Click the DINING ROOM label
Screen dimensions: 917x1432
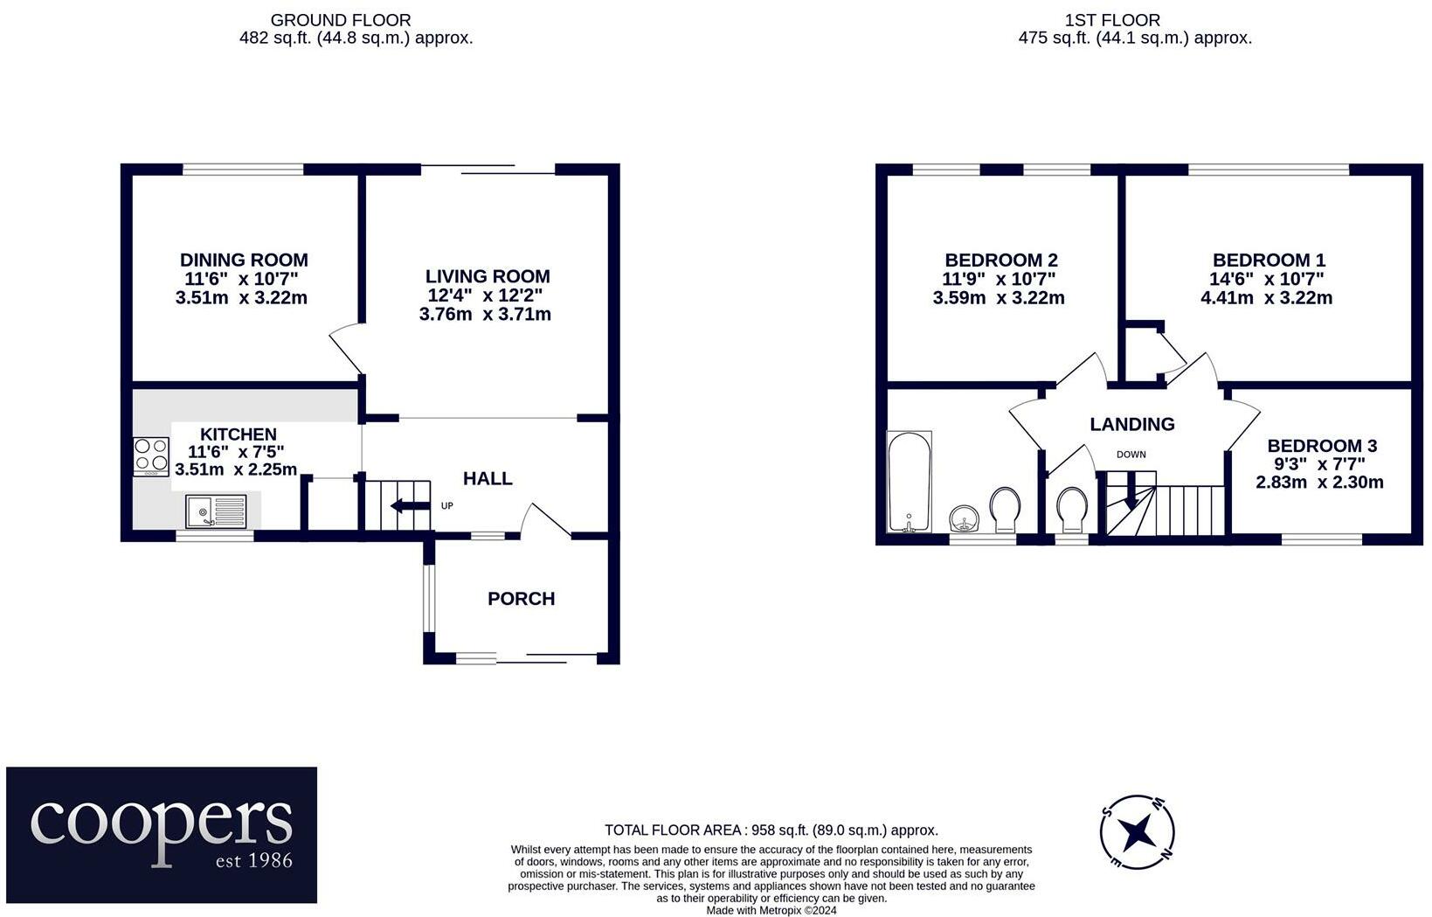(244, 260)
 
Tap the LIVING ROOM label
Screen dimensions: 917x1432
(488, 277)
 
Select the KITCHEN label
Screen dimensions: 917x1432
(238, 434)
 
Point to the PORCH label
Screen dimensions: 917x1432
(521, 599)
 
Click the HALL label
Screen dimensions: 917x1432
(488, 478)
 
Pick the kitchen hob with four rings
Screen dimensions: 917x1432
(151, 456)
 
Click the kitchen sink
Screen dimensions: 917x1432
(217, 510)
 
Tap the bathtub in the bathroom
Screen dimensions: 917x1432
(909, 481)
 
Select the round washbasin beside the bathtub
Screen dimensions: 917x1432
(965, 518)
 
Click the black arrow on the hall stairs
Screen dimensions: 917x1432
(406, 506)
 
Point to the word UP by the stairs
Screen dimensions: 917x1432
(446, 506)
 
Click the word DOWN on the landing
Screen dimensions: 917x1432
(1131, 455)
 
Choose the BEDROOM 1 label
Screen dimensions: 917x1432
(1269, 260)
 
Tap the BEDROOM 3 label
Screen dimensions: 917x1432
(1321, 446)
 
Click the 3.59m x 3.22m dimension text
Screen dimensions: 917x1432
(999, 298)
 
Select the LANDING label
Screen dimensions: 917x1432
(1131, 424)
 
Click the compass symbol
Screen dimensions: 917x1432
(1136, 832)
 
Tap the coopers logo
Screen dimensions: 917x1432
(162, 835)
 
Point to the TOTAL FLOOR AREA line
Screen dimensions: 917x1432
(771, 830)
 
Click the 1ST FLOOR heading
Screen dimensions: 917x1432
(1112, 20)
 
